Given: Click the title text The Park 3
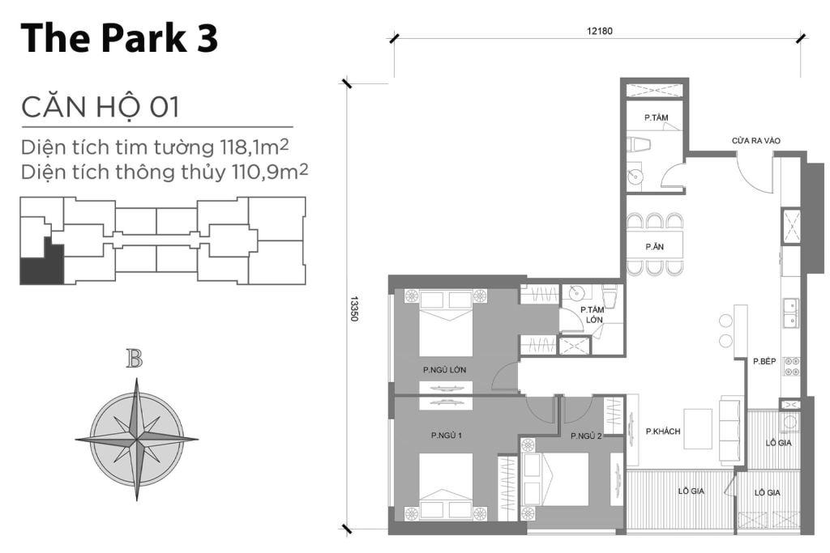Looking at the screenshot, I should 119,38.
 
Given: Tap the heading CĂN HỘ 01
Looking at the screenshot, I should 100,106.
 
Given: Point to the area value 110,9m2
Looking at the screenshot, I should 273,172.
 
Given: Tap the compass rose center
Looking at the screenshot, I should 137,438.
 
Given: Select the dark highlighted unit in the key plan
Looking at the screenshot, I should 41,266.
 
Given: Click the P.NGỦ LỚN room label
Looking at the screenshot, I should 444,370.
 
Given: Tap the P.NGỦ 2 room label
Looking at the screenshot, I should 586,436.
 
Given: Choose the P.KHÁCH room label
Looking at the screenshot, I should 663,432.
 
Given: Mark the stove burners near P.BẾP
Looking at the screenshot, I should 790,366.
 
